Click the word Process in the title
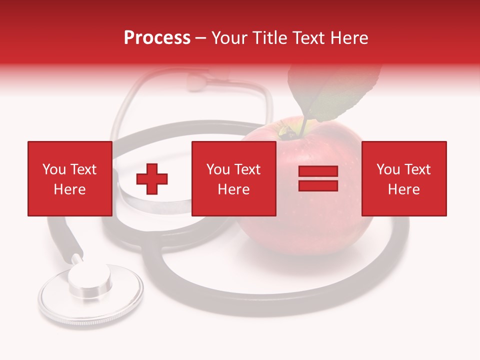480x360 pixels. pyautogui.click(x=157, y=38)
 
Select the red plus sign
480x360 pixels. pyautogui.click(x=152, y=179)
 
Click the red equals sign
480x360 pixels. pyautogui.click(x=318, y=178)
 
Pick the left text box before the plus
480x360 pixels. pyautogui.click(x=69, y=178)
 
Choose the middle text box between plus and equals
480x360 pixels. pyautogui.click(x=233, y=178)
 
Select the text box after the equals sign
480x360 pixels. pyautogui.click(x=403, y=178)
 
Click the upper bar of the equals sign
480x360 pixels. pyautogui.click(x=318, y=171)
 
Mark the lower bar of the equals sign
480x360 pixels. pyautogui.click(x=318, y=185)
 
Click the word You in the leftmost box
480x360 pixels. pyautogui.click(x=54, y=169)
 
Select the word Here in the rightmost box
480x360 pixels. pyautogui.click(x=403, y=189)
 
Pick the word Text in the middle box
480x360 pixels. pyautogui.click(x=247, y=169)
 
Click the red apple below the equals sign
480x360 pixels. pyautogui.click(x=310, y=225)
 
